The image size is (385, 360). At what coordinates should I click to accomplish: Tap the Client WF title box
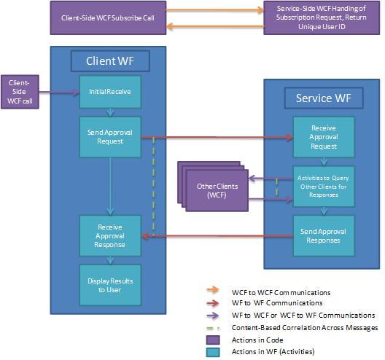(x=109, y=60)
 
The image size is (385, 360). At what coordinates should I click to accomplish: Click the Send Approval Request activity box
(x=109, y=136)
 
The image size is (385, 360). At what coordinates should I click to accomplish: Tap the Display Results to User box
(x=109, y=284)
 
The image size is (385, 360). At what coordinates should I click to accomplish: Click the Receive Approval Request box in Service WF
(x=322, y=136)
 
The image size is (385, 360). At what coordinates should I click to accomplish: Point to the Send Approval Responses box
(x=322, y=235)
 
